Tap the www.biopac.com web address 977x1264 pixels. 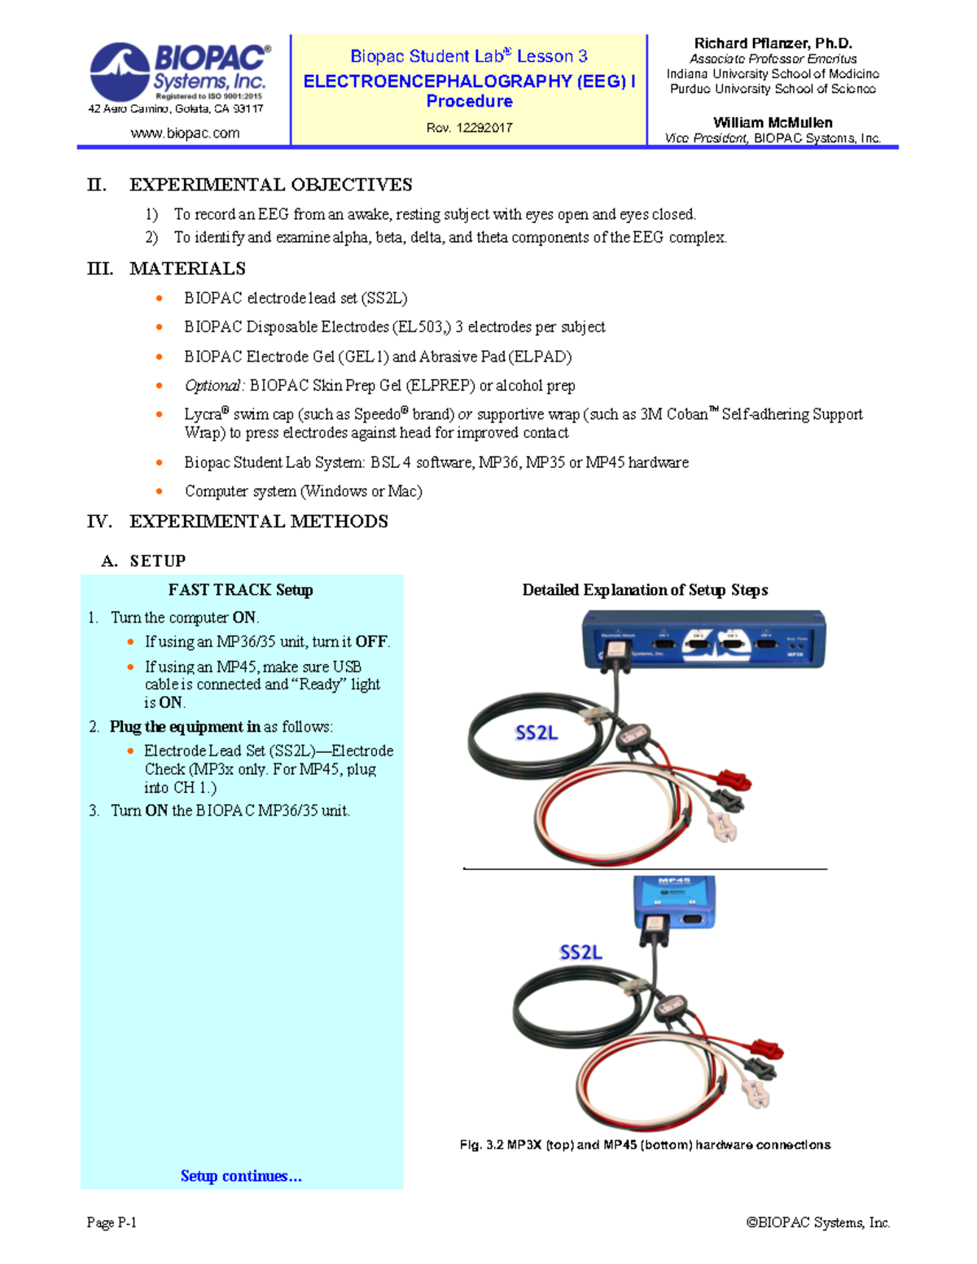tap(185, 133)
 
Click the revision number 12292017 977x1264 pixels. tap(484, 128)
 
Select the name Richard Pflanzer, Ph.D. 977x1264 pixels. tap(773, 43)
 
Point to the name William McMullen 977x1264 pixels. tap(773, 123)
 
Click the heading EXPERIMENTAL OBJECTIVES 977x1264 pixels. tap(270, 185)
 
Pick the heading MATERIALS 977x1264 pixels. tap(187, 269)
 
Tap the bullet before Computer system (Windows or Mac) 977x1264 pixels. tap(160, 492)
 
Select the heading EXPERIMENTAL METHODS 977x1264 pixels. tap(258, 522)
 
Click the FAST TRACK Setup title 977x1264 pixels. tap(240, 590)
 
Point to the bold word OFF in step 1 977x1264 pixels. tap(370, 642)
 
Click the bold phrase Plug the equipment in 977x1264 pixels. tap(185, 727)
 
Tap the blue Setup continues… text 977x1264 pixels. tap(241, 1176)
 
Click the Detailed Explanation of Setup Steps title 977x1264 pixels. tap(645, 590)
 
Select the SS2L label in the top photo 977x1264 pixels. tap(537, 733)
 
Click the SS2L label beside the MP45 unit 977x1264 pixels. tap(581, 952)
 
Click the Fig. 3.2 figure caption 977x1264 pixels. tap(645, 1145)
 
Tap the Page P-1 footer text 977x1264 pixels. tap(112, 1222)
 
